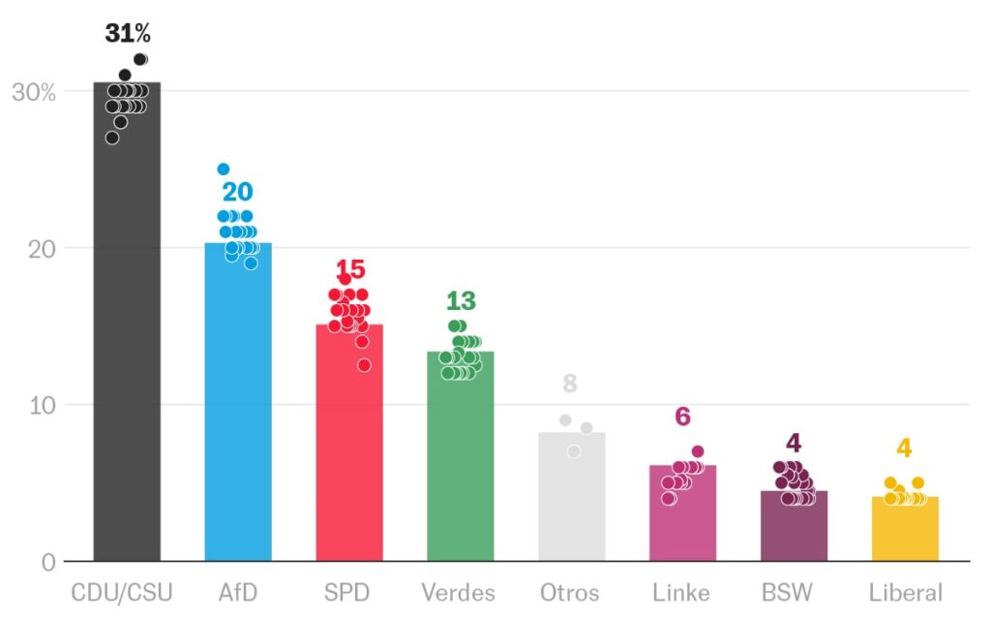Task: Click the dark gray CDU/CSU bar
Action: pyautogui.click(x=127, y=339)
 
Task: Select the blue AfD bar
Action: pyautogui.click(x=238, y=407)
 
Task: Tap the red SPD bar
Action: pyautogui.click(x=349, y=446)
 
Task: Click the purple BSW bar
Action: pyautogui.click(x=794, y=528)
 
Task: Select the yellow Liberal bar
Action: pyautogui.click(x=905, y=531)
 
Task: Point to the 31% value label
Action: pyautogui.click(x=128, y=33)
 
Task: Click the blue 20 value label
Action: pyautogui.click(x=237, y=192)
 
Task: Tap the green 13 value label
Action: pyautogui.click(x=461, y=301)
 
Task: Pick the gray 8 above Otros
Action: pyautogui.click(x=570, y=384)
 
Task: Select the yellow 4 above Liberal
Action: pyautogui.click(x=904, y=449)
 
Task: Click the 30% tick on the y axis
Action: pyautogui.click(x=33, y=92)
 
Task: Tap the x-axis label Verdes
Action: pyautogui.click(x=459, y=592)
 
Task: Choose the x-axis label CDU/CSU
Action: pyautogui.click(x=126, y=592)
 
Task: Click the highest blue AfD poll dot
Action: pyautogui.click(x=224, y=170)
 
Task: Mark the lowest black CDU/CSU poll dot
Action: pyautogui.click(x=112, y=138)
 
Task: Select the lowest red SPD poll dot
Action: pyautogui.click(x=364, y=365)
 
